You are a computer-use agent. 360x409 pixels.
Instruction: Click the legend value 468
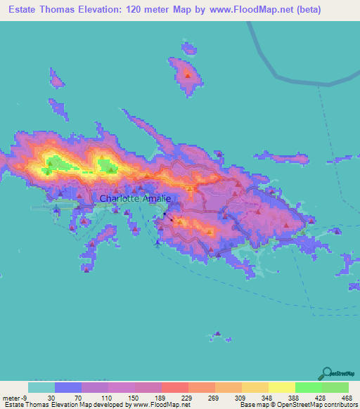tap(347, 397)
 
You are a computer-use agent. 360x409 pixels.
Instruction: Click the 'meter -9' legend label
tap(15, 397)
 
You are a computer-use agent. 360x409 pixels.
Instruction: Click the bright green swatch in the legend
tap(307, 387)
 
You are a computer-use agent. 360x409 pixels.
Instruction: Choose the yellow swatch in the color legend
tap(281, 387)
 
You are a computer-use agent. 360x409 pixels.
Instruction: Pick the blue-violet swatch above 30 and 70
tap(67, 387)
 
